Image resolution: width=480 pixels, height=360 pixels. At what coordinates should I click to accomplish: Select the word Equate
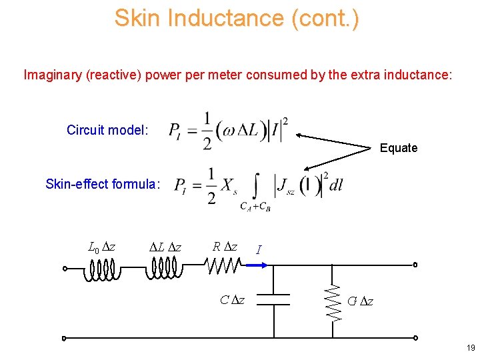(399, 148)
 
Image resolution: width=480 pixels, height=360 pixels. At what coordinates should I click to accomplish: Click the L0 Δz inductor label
(101, 247)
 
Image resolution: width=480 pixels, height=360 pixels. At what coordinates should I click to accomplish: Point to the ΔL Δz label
(163, 247)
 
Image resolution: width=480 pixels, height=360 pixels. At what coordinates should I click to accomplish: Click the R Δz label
(224, 247)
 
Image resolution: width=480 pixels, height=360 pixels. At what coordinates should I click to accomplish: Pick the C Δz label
(232, 300)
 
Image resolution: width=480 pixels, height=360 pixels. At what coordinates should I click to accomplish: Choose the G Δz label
(361, 301)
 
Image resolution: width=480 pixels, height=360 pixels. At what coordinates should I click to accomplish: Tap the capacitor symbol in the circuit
(273, 299)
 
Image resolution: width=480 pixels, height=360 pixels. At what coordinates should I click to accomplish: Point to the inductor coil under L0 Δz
(101, 268)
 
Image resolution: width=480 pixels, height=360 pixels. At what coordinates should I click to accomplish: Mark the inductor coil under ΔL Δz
(164, 268)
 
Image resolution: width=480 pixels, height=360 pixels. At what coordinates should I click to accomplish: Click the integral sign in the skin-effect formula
(256, 185)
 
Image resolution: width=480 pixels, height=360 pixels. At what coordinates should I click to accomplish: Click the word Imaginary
(53, 74)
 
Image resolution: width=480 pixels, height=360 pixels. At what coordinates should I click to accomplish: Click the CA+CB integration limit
(255, 207)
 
